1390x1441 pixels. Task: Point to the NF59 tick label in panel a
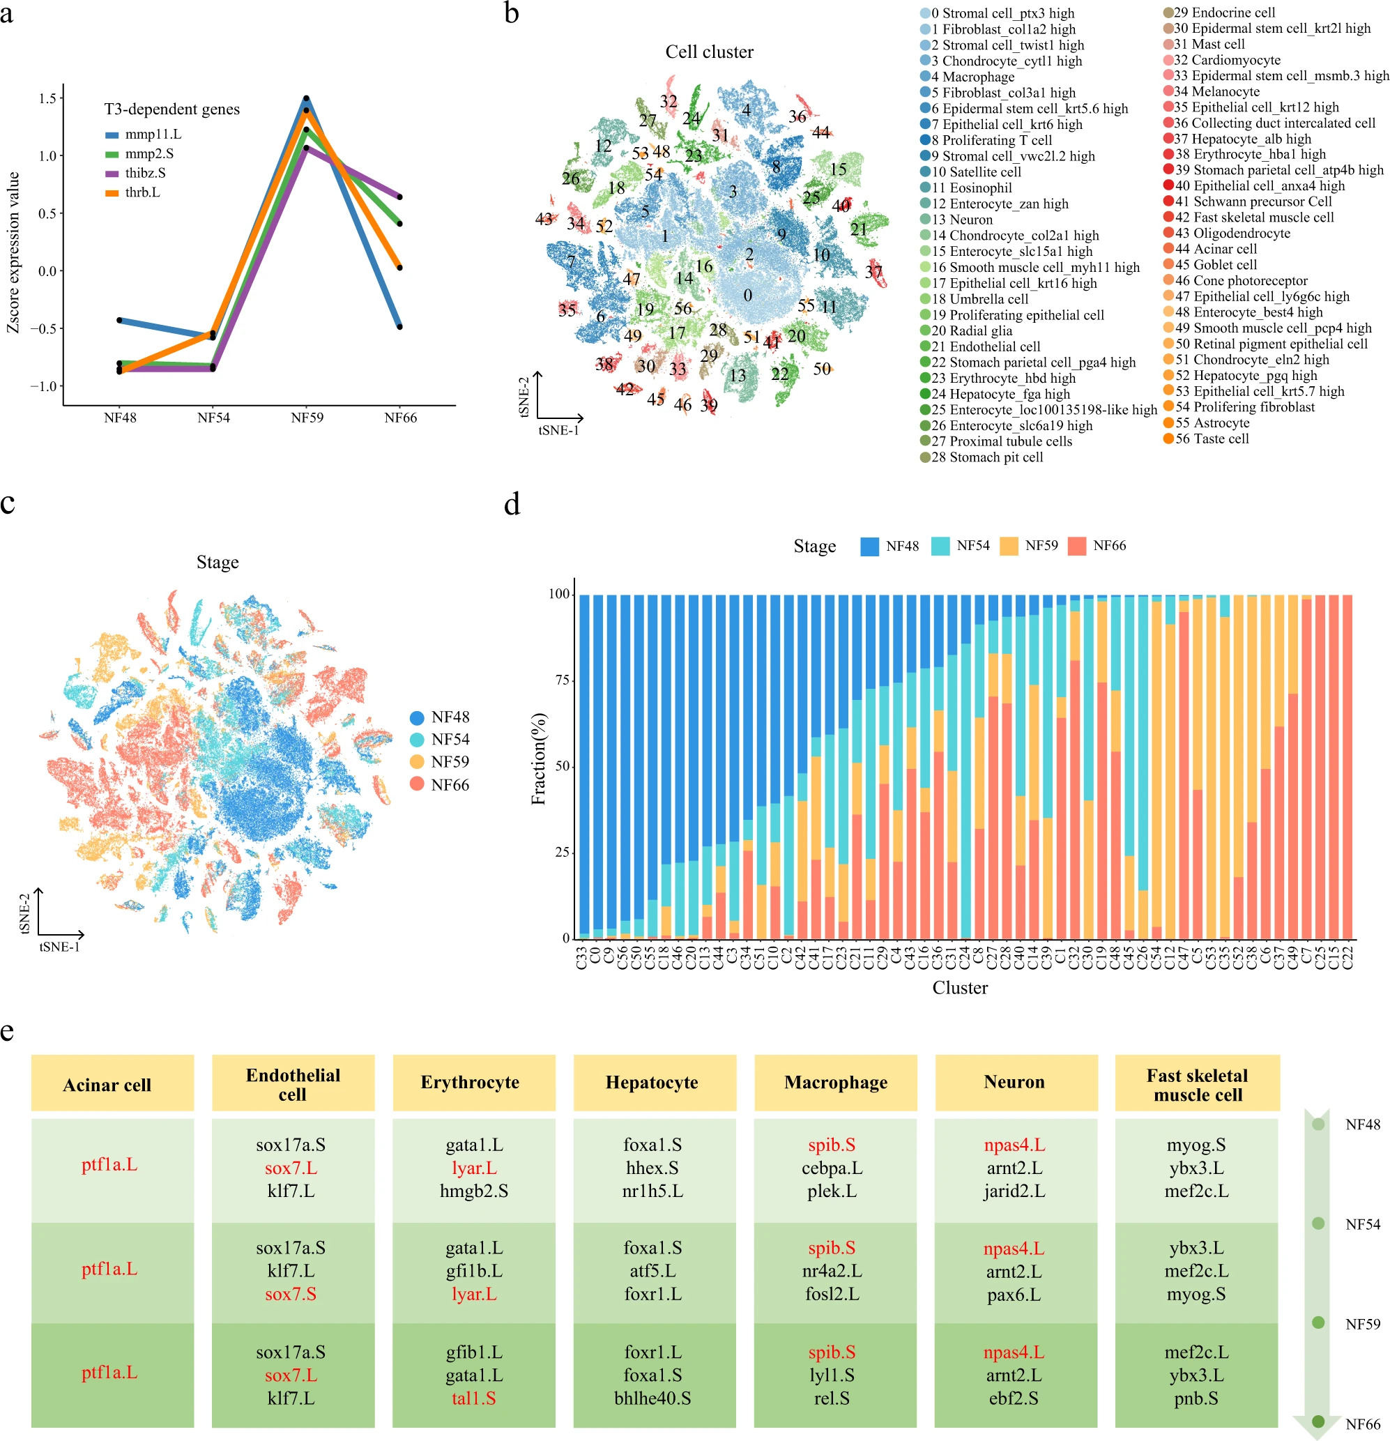[x=307, y=418]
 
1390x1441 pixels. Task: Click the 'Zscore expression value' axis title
[x=13, y=252]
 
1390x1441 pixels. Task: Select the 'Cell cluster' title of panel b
[x=709, y=52]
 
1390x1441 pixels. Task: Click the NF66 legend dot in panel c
[x=417, y=784]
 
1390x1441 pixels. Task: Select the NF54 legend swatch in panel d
[x=940, y=546]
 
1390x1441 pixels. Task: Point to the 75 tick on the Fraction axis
[x=563, y=680]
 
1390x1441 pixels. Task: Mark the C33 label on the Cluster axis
[x=582, y=957]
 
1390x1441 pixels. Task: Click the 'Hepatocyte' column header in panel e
[x=652, y=1082]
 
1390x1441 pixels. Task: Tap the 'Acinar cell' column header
[x=107, y=1085]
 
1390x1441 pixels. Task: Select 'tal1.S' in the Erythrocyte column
[x=473, y=1398]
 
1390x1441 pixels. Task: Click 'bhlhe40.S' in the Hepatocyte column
[x=652, y=1398]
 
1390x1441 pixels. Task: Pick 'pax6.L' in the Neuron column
[x=1014, y=1295]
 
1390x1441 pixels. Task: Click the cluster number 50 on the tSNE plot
[x=822, y=369]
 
